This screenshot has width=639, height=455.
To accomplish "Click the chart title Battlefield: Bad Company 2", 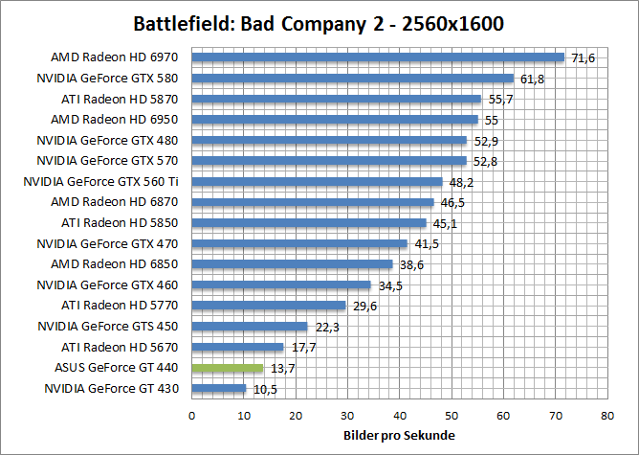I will tap(319, 23).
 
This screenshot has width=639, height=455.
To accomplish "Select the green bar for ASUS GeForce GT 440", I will tap(228, 368).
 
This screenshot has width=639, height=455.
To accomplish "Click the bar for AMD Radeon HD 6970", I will tap(378, 57).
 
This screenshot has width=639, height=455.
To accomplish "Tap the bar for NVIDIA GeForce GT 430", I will tap(219, 388).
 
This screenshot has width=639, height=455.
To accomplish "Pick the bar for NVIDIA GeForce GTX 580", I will tap(353, 78).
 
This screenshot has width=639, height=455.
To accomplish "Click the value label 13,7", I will tap(281, 368).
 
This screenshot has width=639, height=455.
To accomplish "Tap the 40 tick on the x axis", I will tap(400, 417).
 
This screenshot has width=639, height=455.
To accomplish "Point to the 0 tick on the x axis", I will tap(192, 417).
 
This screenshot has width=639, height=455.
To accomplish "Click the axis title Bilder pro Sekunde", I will tap(399, 436).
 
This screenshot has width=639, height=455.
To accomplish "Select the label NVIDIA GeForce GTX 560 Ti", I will tap(100, 181).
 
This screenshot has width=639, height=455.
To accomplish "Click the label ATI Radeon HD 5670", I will tap(121, 347).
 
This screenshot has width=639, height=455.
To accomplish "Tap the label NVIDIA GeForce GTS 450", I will tap(108, 327).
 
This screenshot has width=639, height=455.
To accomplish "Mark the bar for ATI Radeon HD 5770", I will tap(269, 306).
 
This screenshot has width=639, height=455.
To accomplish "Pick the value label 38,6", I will tap(410, 264).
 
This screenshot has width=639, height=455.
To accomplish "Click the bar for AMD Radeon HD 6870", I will tap(313, 202).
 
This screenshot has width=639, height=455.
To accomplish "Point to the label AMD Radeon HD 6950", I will tap(120, 119).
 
